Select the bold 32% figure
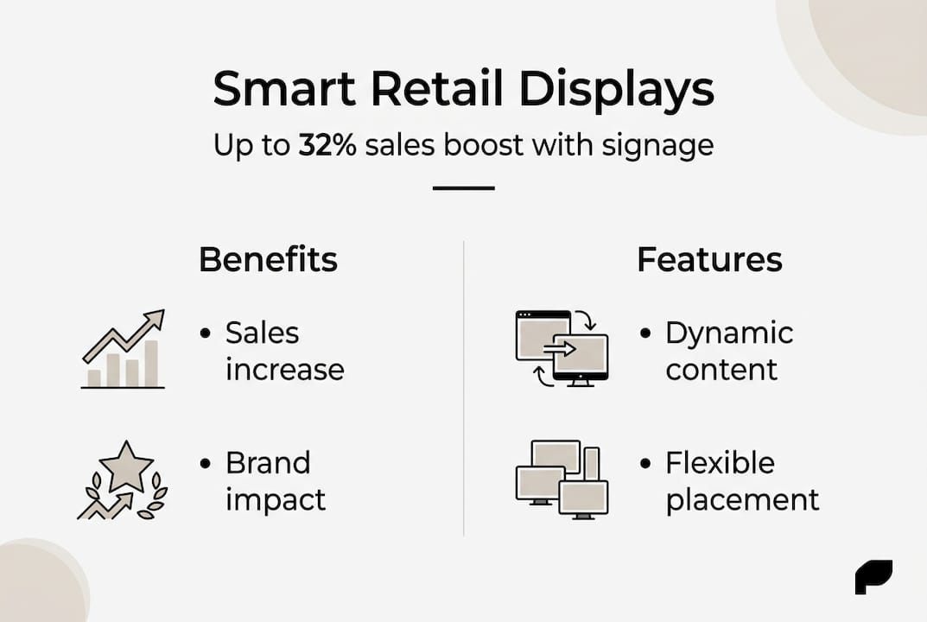tap(327, 145)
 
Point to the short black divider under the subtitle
tap(463, 187)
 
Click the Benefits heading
tap(268, 259)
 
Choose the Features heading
tap(709, 259)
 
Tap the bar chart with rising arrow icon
tap(124, 350)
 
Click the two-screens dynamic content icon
tap(562, 348)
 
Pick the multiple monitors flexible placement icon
tap(562, 479)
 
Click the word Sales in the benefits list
tap(262, 333)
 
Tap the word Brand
tap(267, 463)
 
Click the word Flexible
tap(720, 463)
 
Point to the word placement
tap(742, 500)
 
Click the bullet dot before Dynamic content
tap(644, 333)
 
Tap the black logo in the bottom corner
tap(873, 577)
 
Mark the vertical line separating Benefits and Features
tap(464, 389)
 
